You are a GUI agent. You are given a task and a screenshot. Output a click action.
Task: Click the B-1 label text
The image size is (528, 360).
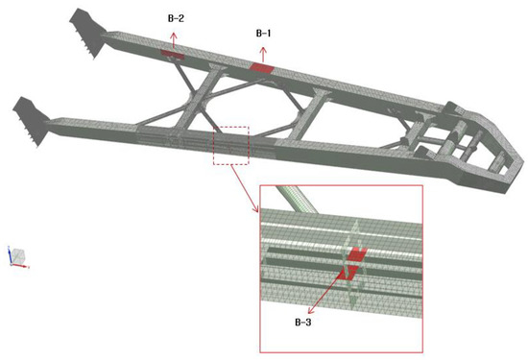click(263, 34)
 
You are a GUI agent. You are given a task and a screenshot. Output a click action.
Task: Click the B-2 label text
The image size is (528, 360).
click(176, 18)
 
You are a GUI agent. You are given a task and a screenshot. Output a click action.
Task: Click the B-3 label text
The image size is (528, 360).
click(303, 323)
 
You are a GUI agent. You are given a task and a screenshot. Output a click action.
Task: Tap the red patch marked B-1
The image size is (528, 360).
click(262, 67)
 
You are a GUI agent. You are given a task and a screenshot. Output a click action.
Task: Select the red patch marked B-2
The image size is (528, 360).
click(173, 54)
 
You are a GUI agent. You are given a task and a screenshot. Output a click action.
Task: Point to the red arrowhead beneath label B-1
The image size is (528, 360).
click(263, 50)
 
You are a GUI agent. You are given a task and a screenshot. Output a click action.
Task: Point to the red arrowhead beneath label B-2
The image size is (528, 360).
click(174, 36)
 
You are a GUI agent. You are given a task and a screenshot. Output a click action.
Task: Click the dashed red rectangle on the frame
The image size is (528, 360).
click(231, 146)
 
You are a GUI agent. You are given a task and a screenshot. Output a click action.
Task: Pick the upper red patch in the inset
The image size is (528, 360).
click(357, 253)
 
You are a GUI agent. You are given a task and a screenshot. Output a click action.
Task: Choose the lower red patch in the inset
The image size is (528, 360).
click(348, 272)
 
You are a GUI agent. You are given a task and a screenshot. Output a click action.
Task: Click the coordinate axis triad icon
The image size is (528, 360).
click(17, 257)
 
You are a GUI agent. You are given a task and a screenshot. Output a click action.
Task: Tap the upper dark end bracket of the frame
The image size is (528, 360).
click(86, 33)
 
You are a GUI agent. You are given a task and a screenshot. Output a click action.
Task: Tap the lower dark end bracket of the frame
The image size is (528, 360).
click(31, 121)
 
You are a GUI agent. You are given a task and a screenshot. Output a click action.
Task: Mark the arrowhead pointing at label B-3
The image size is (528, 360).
click(310, 310)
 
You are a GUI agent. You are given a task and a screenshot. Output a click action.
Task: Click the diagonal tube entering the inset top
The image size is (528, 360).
click(297, 199)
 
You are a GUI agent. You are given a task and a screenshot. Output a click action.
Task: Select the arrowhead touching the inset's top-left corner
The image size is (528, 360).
click(255, 208)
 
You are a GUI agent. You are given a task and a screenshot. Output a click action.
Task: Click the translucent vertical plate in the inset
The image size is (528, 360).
click(353, 265)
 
